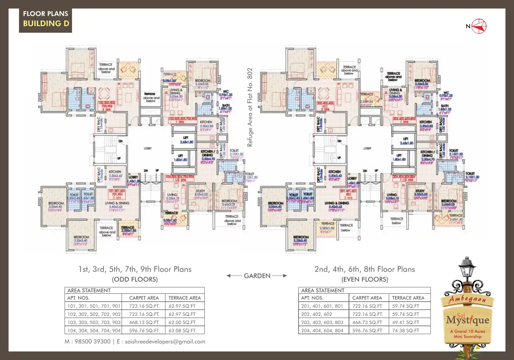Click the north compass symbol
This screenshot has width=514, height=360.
[479, 26]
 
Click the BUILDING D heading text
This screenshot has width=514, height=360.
[46, 23]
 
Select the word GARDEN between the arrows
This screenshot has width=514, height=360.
[257, 275]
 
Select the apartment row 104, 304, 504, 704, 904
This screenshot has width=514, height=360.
[94, 330]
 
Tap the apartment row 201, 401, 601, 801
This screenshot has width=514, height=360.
[322, 306]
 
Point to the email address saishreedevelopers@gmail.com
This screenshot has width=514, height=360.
[161, 341]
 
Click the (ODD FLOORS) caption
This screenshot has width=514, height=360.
[135, 279]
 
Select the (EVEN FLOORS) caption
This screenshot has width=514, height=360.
[364, 279]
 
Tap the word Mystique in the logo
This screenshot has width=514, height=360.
[468, 320]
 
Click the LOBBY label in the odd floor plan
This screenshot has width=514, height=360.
[149, 148]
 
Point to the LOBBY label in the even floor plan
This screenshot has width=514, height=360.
[367, 148]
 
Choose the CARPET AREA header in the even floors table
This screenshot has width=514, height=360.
[367, 298]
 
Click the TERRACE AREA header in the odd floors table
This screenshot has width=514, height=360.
[184, 298]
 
